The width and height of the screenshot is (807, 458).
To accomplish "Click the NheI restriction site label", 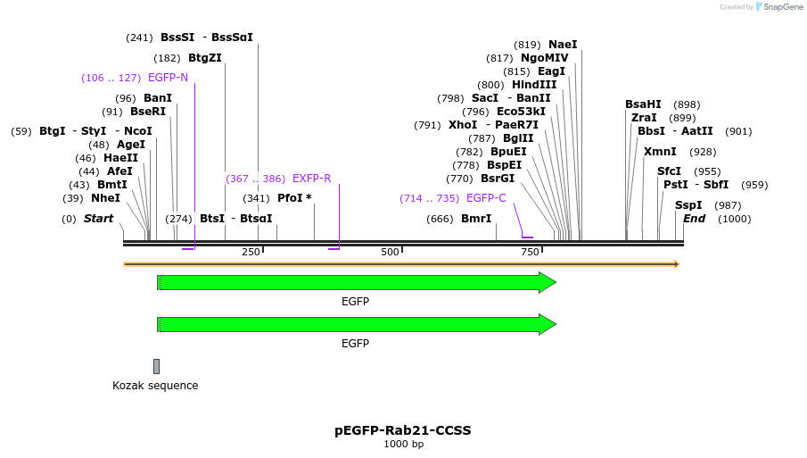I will pos(105,198).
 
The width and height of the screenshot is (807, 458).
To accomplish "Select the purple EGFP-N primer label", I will pos(168,78).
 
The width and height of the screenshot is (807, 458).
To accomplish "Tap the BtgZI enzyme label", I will pos(205,58).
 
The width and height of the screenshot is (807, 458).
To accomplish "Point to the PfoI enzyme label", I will pos(294,198).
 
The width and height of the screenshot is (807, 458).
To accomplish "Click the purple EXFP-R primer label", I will pos(311,179).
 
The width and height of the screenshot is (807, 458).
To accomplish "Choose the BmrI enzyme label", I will pos(476,219).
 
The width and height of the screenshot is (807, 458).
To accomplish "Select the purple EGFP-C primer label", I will pos(486,198).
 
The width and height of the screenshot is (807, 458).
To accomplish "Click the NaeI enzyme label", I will pos(563,45).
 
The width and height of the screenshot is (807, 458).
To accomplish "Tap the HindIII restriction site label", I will pos(534,85).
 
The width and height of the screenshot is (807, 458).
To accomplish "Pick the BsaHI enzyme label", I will pos(643,104).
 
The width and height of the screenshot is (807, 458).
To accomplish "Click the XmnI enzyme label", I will pos(660,152).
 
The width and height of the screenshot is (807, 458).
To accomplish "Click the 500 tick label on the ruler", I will pos(390,252).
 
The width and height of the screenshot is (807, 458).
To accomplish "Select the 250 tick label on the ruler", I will pos(251,252).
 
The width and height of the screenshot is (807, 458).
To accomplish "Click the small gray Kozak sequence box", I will pos(156,366).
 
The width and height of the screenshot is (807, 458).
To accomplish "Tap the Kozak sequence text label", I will pos(155,386).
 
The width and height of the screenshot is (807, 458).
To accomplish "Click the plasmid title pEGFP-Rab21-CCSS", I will pos(403,430).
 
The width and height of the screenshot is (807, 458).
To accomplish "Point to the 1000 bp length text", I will pos(403,445).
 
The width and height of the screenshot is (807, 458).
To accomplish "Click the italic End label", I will pos(694,219).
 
